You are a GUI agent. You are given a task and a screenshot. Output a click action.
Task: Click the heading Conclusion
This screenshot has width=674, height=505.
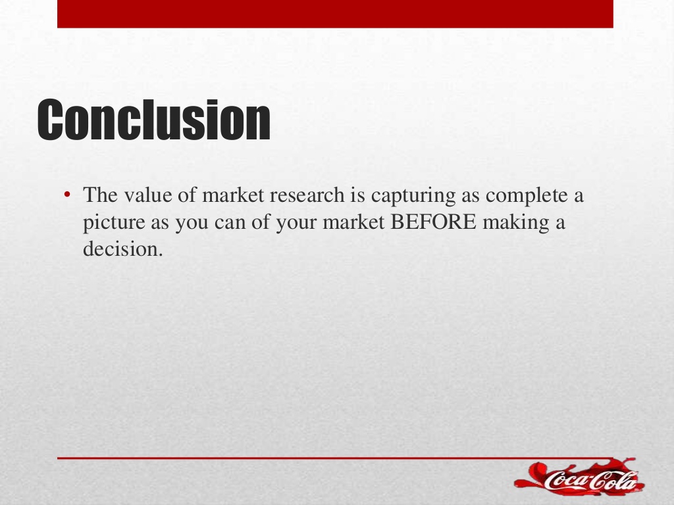pos(154,120)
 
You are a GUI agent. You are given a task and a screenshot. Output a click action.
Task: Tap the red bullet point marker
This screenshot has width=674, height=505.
pos(66,195)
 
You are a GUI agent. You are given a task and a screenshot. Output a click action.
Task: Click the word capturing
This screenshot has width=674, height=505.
pos(413,196)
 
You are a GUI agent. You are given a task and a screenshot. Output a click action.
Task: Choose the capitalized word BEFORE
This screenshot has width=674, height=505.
pos(433,222)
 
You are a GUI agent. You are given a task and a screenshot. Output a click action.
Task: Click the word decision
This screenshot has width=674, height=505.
pos(123,249)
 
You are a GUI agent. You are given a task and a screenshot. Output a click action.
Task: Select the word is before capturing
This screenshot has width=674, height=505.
pos(357,195)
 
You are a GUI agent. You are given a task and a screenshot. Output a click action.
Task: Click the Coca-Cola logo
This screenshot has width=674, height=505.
pos(579,477)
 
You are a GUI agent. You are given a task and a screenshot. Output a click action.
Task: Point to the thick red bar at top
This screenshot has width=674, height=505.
pos(335,14)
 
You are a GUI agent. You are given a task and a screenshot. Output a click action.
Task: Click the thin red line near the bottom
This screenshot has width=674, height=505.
pos(335,458)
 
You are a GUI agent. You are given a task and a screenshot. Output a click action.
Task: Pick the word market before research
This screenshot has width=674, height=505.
pos(232,195)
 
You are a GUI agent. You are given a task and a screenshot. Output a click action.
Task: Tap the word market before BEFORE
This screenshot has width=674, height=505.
pos(353,222)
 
